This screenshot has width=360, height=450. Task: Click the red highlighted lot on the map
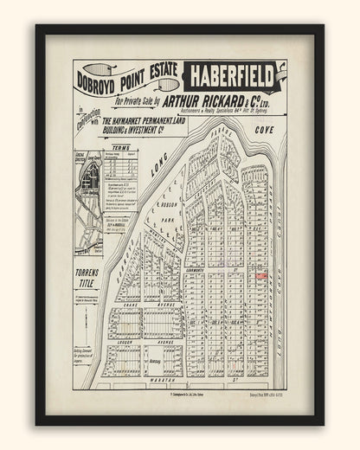click(259, 275)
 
